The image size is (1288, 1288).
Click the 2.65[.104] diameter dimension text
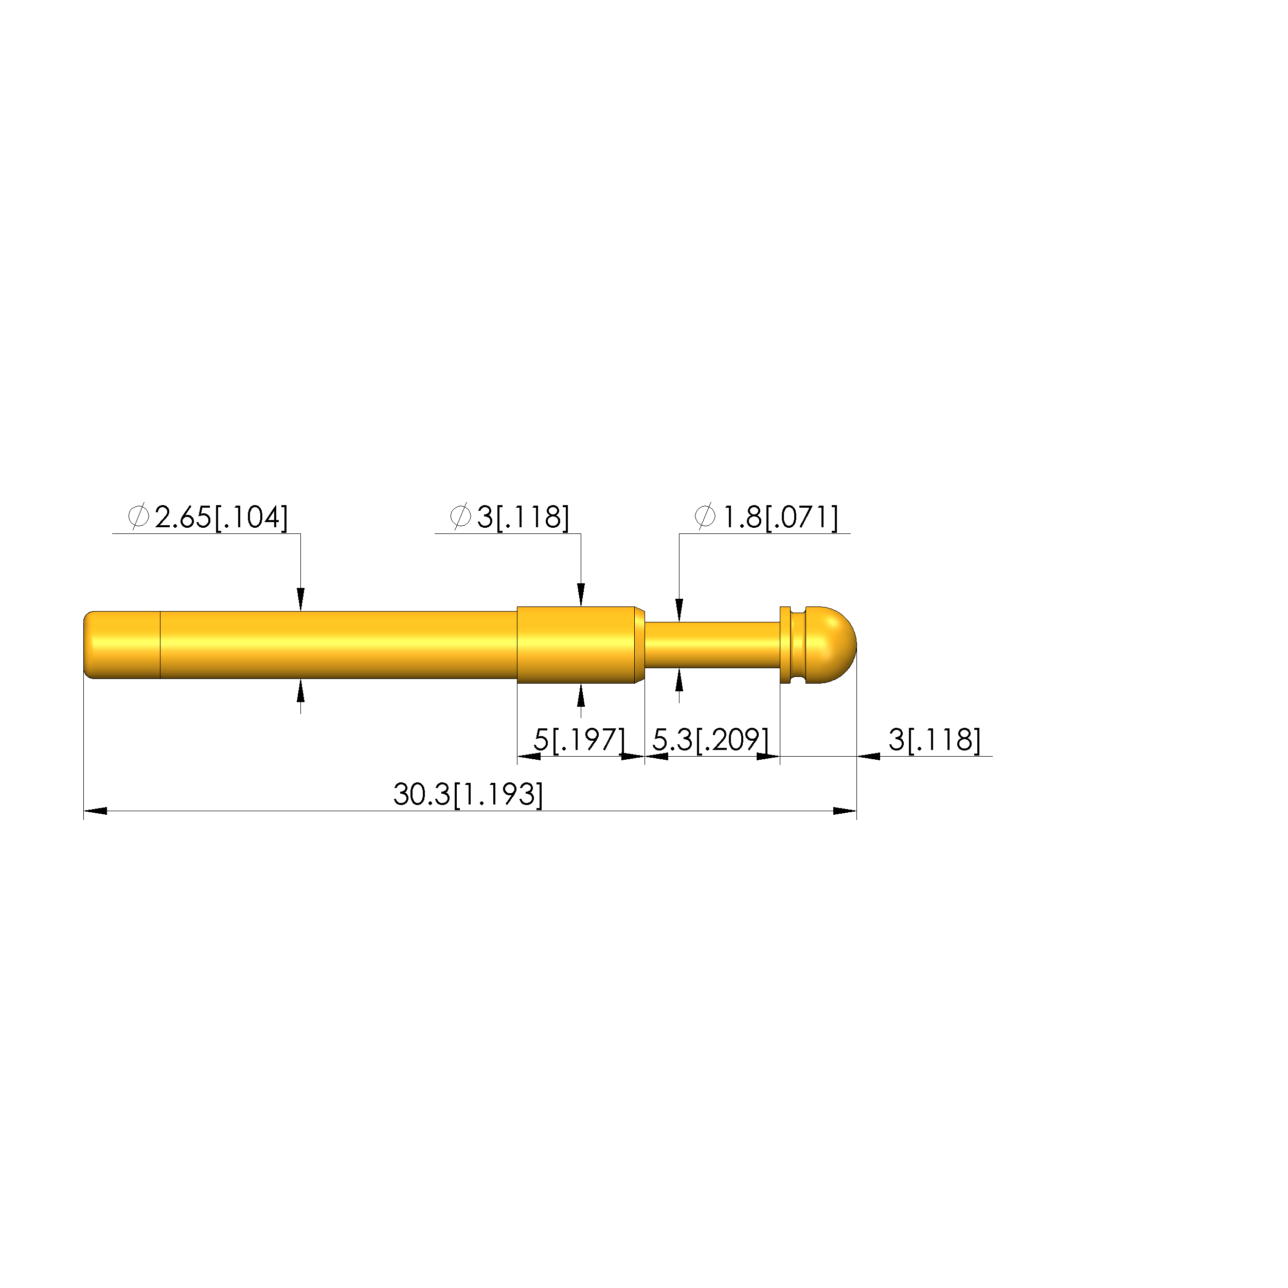point(221,517)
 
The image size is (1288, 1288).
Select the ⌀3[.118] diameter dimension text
point(510,517)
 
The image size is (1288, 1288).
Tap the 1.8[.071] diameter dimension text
point(780,517)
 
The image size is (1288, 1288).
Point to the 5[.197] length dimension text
point(579,740)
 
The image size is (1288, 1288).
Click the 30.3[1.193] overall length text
point(468,795)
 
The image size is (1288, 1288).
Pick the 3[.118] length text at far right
point(935,740)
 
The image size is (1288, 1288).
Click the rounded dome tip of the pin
point(832,645)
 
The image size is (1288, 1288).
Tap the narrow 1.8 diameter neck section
point(712,645)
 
